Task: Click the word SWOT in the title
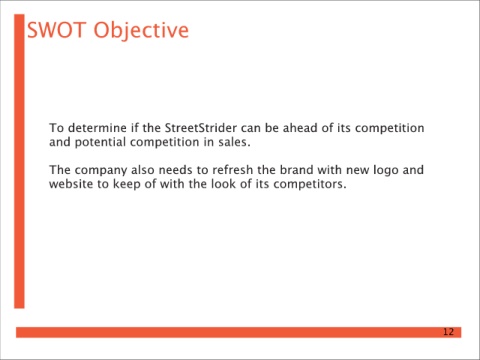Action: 56,30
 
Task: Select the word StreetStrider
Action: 201,128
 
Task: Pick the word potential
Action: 100,142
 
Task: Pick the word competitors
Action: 310,185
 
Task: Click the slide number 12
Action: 448,332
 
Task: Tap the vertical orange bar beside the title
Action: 19,161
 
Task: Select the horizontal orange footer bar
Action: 239,332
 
